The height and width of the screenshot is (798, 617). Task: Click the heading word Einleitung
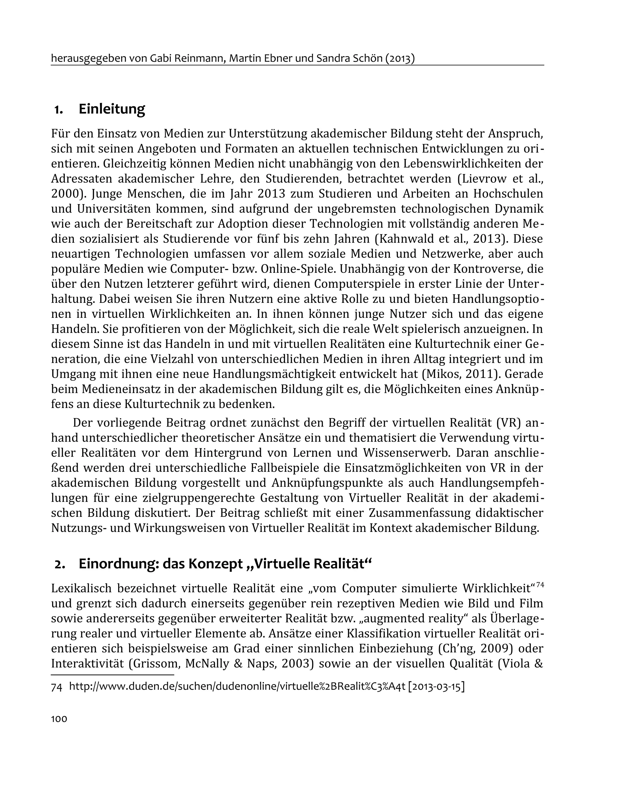[x=111, y=109]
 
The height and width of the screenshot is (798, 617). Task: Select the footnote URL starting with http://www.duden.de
[x=237, y=687]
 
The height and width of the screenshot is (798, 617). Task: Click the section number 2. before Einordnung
[x=60, y=564]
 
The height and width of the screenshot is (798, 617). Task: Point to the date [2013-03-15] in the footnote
[x=436, y=687]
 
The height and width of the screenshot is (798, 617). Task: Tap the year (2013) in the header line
[x=400, y=58]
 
